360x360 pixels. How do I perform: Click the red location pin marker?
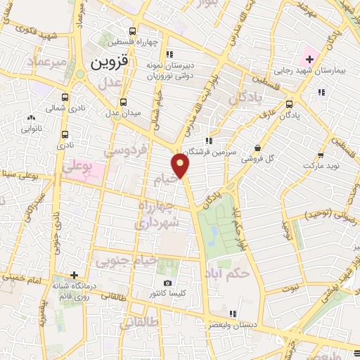181,166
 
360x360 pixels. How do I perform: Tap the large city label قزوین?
110,62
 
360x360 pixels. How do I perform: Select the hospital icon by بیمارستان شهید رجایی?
309,57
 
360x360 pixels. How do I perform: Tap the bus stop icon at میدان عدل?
124,101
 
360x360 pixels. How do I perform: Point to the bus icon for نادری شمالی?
65,97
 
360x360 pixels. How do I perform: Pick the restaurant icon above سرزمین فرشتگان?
208,140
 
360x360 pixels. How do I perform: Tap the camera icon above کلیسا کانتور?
167,282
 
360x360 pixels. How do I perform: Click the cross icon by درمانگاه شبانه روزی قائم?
74,275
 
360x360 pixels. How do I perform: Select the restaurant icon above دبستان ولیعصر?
233,314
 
